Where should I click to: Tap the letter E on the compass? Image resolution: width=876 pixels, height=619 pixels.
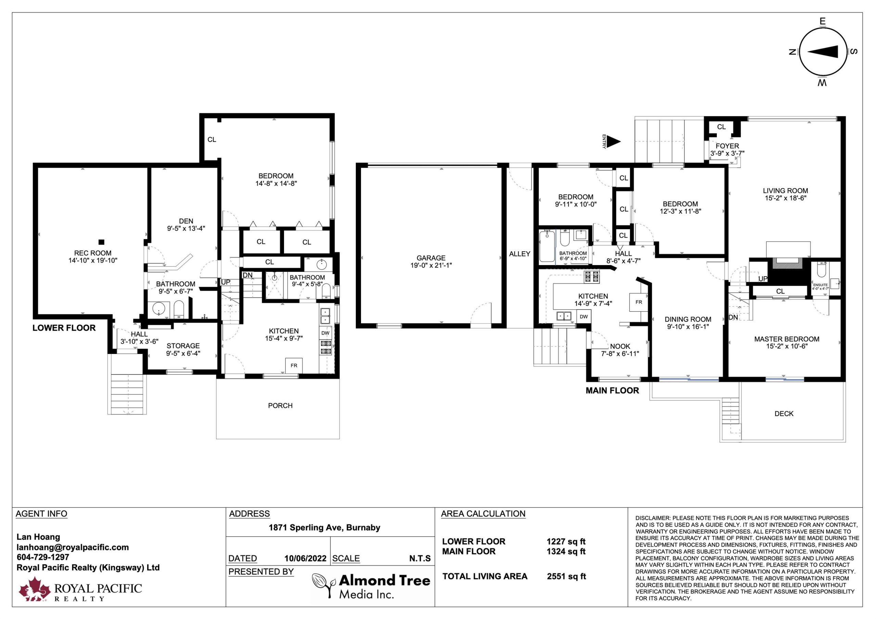(x=823, y=21)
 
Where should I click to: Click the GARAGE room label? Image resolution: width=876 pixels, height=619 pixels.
(x=431, y=258)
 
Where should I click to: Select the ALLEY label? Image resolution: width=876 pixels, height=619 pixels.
(x=520, y=254)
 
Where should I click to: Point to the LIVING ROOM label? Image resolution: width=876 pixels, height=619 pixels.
(x=786, y=191)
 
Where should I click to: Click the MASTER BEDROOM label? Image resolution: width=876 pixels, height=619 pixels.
(x=787, y=339)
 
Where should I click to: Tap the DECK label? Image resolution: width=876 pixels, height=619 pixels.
(x=784, y=414)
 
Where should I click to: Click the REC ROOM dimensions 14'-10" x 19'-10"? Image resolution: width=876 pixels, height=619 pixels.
(x=93, y=261)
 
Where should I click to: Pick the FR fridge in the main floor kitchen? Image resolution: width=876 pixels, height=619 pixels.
(x=639, y=302)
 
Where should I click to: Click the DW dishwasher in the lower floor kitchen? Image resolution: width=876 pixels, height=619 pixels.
(x=325, y=333)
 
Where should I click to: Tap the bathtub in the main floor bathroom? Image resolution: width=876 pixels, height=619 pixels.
(x=547, y=246)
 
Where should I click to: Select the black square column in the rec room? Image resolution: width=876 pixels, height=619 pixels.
(x=101, y=242)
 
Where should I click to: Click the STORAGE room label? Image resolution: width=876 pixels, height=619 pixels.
(x=183, y=346)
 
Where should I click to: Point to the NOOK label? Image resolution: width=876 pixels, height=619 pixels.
(x=620, y=346)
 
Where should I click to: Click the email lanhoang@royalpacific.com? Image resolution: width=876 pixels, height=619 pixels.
(x=73, y=547)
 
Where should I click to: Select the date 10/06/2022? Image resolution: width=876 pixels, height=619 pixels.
(x=305, y=559)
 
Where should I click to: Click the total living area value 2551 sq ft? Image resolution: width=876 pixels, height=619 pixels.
(x=566, y=576)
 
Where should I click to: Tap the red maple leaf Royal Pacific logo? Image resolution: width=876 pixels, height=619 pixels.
(x=35, y=589)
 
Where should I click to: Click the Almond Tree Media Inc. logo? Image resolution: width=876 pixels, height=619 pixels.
(x=371, y=587)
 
